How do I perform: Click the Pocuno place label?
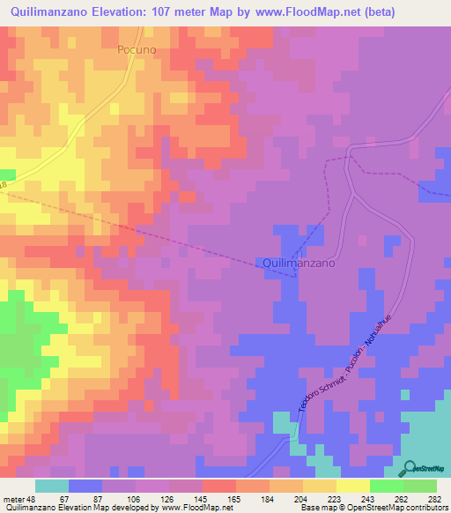(x=137, y=50)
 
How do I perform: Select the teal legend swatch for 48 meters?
(x=52, y=486)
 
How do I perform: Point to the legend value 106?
(x=120, y=500)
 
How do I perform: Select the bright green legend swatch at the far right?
(x=421, y=486)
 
